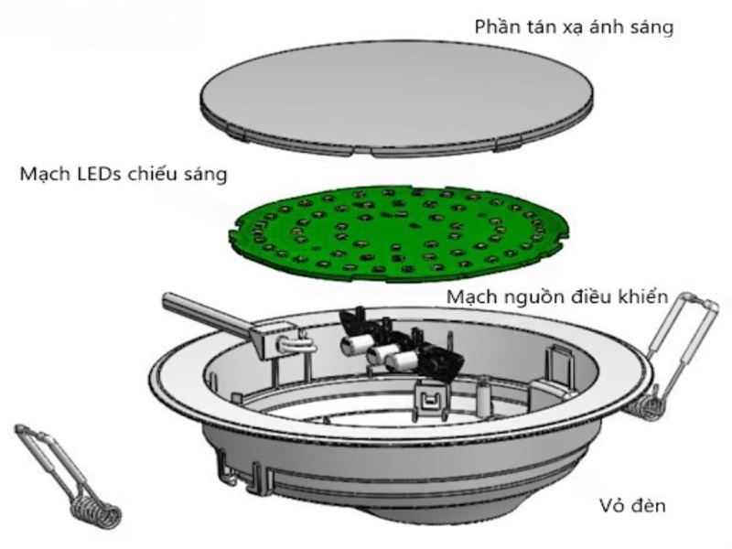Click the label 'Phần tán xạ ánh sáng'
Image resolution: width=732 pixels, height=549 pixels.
tap(574, 27)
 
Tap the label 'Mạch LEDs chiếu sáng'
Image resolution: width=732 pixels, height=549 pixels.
tap(124, 174)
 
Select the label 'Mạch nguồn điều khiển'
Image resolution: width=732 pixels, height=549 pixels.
tap(558, 296)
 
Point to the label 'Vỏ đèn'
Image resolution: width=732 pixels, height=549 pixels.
tap(632, 505)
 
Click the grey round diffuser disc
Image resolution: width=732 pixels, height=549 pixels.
tap(397, 99)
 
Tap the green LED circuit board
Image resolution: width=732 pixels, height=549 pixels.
tap(400, 233)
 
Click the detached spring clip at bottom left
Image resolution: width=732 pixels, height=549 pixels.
tap(68, 475)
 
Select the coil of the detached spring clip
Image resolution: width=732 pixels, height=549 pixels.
tap(97, 512)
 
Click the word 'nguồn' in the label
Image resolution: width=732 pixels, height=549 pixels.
tap(533, 298)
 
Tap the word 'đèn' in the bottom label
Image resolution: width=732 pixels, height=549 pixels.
tap(648, 505)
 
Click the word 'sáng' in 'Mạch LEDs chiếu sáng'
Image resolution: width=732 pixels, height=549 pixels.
tap(207, 175)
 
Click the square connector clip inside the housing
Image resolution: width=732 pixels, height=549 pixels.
tap(428, 400)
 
